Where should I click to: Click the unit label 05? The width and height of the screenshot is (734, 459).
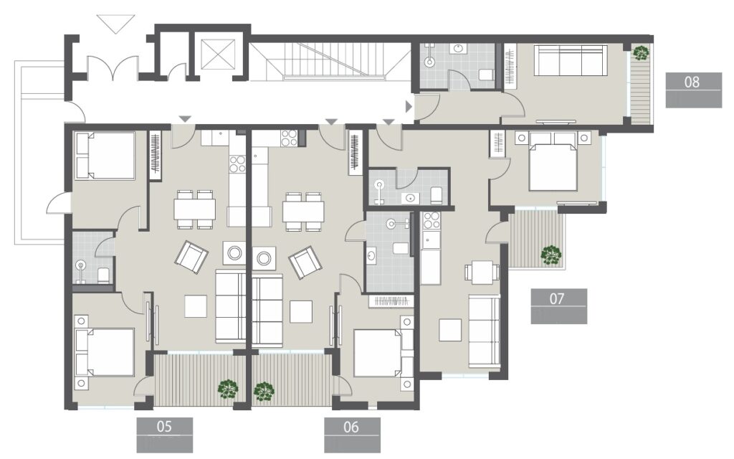pos(164,427)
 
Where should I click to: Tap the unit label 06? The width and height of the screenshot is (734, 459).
pos(351,427)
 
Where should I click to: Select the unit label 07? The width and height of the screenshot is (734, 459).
pos(558,298)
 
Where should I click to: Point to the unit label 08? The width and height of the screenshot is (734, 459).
pos(692,82)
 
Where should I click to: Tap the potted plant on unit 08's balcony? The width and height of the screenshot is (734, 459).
pos(640,52)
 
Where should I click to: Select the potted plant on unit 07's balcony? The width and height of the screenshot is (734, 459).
pos(550,254)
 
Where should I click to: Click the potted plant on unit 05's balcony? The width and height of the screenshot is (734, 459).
pos(229,389)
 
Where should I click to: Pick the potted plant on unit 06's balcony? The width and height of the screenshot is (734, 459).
pos(264,391)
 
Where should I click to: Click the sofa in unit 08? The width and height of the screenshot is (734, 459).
pos(571,60)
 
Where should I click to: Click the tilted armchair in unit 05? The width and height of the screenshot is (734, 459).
pos(191,256)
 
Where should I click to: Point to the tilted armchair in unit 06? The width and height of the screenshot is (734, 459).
pos(305,262)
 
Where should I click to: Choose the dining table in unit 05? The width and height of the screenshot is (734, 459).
pos(195,209)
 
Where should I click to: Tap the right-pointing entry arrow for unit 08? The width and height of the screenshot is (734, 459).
pos(409,107)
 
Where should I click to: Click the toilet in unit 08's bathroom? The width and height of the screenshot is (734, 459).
pos(486,74)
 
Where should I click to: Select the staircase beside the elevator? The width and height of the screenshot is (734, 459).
pos(330,60)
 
